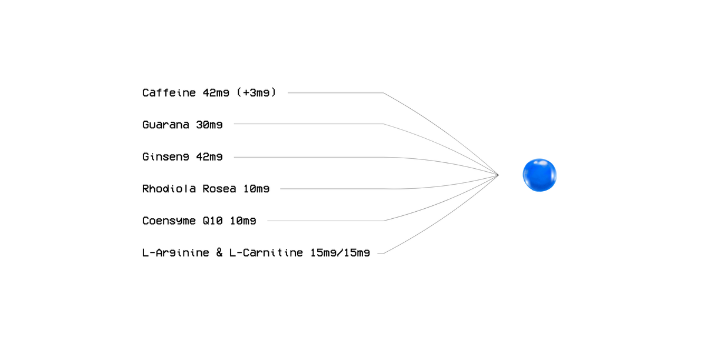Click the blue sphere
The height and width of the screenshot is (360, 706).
pyautogui.click(x=540, y=175)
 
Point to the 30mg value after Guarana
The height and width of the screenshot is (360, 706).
pyautogui.click(x=209, y=125)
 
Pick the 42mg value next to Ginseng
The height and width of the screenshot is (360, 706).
pyautogui.click(x=209, y=157)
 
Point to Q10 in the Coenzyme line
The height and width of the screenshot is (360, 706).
pyautogui.click(x=213, y=221)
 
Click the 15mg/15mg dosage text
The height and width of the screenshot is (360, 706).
pyautogui.click(x=340, y=254)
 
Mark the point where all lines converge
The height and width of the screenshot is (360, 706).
pyautogui.click(x=498, y=175)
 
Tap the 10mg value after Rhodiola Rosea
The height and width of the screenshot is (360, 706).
pyautogui.click(x=256, y=189)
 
